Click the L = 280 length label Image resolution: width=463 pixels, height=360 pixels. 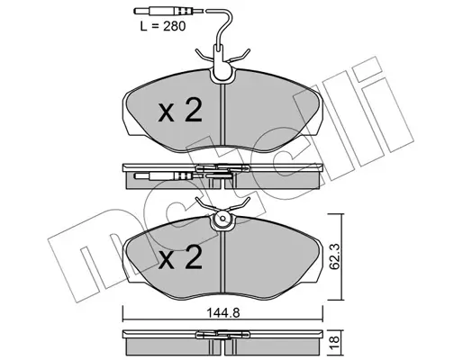163,26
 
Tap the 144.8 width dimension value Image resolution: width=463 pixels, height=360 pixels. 223,313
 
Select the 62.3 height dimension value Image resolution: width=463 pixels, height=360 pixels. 335,256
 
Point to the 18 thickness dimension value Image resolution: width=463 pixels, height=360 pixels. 335,341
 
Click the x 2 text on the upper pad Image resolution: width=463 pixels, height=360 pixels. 180,111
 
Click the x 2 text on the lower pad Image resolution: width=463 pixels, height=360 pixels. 180,256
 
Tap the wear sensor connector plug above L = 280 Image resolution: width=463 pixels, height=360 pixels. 164,11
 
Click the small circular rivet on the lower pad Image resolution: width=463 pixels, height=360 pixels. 222,219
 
